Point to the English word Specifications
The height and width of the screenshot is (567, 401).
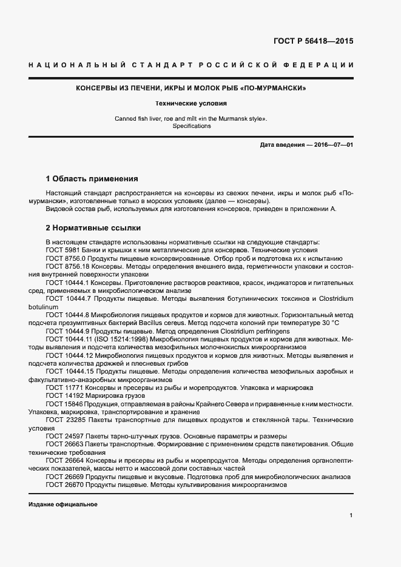[x=191, y=126]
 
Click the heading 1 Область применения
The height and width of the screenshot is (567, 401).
[x=92, y=179]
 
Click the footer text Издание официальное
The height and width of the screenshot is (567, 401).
[x=62, y=505]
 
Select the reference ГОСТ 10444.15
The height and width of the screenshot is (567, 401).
[x=67, y=371]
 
